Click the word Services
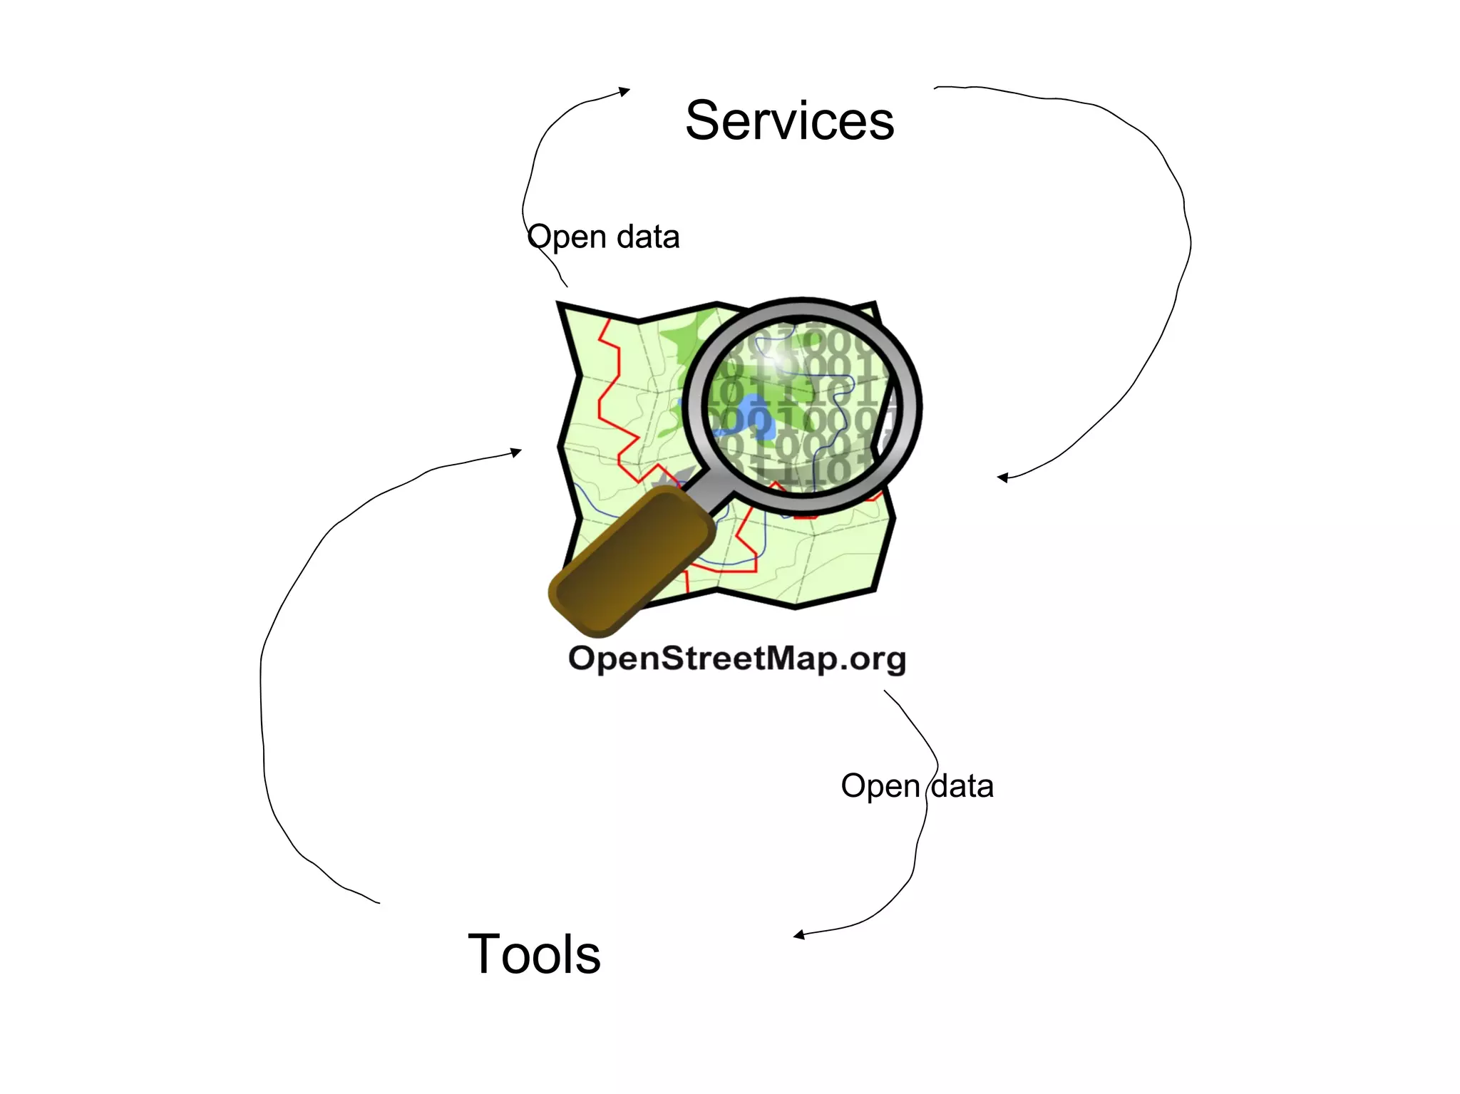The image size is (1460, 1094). coord(789,120)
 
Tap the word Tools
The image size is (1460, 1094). coord(534,954)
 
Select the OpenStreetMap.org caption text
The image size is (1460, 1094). coord(736,659)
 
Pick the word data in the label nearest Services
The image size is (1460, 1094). coord(648,237)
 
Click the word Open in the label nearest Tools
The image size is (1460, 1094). coord(880,786)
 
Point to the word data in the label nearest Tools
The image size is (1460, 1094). coord(962,786)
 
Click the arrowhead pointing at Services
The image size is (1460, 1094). coord(624,91)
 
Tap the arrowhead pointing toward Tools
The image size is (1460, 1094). coord(799,934)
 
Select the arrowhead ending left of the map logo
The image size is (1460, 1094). coord(516,452)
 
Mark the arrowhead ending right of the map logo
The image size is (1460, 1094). coord(1002,478)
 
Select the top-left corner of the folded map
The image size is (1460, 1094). coord(562,306)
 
